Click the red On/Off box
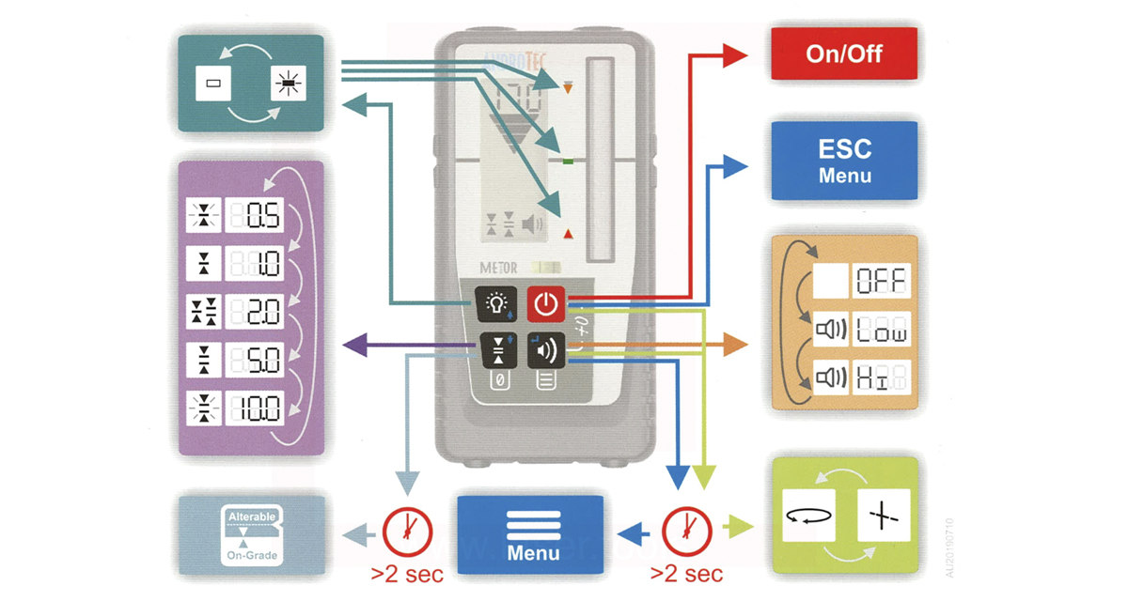click(x=844, y=54)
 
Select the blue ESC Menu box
click(x=844, y=161)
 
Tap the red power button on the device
click(x=546, y=303)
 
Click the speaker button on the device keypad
click(x=546, y=351)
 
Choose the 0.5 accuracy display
click(x=256, y=218)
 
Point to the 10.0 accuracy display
click(x=256, y=408)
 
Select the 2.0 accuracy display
click(x=256, y=313)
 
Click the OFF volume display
click(x=881, y=280)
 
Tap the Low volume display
click(x=881, y=331)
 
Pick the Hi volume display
click(x=881, y=379)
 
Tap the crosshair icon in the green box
click(x=885, y=516)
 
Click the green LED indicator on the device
click(x=567, y=162)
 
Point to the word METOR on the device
click(x=498, y=268)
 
